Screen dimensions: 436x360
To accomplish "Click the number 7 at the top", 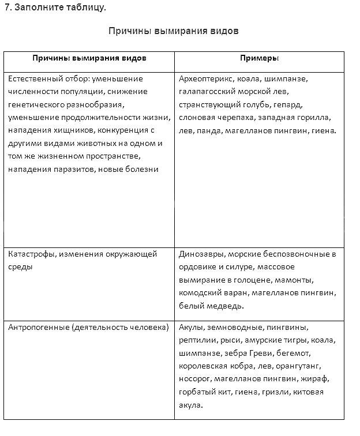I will [x=6, y=7].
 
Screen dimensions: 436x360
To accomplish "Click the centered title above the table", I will [x=174, y=31].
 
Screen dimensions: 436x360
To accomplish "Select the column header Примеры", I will [x=260, y=58].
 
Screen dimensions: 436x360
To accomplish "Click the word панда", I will [x=207, y=131].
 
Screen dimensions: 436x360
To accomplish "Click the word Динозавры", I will [x=201, y=254].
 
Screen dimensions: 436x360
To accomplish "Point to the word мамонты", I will [x=296, y=280].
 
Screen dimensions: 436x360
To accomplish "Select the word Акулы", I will [x=190, y=328].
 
